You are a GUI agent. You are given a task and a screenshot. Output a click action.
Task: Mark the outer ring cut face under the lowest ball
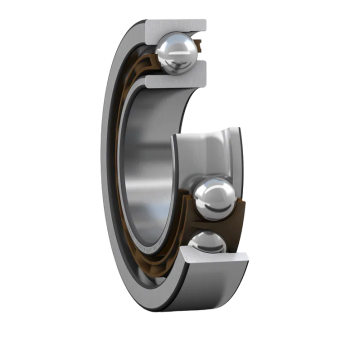[214, 267]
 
